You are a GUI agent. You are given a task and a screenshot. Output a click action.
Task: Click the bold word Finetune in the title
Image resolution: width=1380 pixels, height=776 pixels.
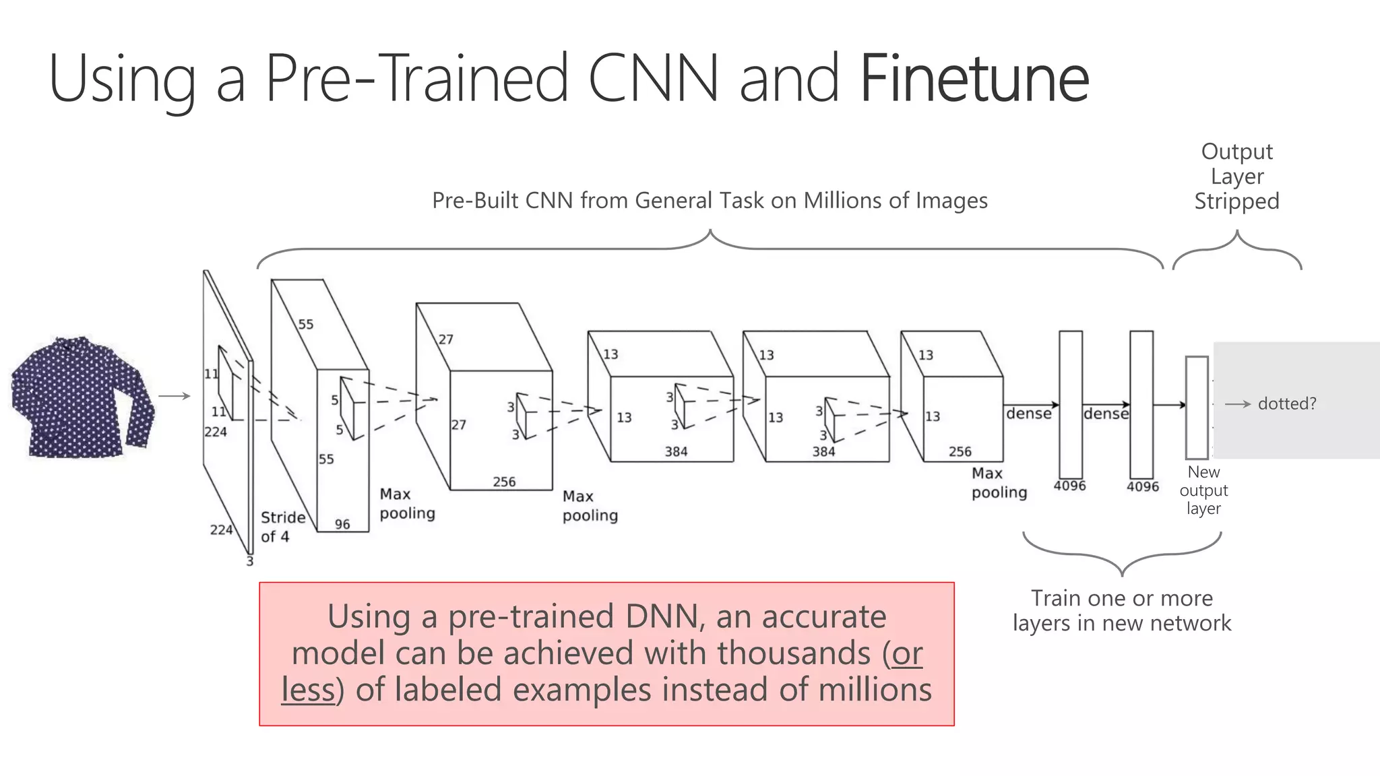[x=974, y=79]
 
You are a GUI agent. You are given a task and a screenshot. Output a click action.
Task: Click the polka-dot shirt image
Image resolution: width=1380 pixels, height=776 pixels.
[x=81, y=397]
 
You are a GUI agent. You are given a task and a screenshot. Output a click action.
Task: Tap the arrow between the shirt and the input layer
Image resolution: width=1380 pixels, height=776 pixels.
[x=175, y=396]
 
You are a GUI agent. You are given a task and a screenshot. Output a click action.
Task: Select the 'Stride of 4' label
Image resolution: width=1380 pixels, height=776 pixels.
[x=282, y=527]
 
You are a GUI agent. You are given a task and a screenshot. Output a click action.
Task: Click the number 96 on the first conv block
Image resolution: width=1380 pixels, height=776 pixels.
[x=342, y=524]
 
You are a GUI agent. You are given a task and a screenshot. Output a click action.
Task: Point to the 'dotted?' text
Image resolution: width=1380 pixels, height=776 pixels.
[x=1286, y=403]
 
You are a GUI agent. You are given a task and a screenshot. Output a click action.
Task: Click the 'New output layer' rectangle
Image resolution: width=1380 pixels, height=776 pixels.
[x=1197, y=408]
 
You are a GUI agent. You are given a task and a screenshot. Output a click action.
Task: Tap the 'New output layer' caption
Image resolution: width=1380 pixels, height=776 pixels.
[x=1203, y=490]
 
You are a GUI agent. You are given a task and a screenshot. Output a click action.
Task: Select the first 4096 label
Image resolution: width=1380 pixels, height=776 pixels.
[x=1069, y=486]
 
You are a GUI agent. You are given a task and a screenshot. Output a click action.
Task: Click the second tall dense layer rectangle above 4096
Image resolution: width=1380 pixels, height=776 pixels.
[x=1141, y=404]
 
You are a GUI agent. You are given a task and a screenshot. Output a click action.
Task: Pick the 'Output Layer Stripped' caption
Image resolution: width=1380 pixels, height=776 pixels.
[x=1236, y=176]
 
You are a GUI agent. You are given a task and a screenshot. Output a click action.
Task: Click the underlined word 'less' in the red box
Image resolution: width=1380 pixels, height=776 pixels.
[x=308, y=690]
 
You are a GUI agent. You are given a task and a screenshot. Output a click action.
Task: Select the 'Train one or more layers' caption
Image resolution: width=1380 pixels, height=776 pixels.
[x=1122, y=610]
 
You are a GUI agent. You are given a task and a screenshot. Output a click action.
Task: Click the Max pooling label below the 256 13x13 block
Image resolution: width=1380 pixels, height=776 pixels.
[x=999, y=483]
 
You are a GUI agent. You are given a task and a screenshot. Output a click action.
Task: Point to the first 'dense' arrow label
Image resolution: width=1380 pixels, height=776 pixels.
[x=1028, y=414]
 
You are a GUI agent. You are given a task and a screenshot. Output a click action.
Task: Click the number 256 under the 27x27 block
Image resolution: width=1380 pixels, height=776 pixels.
[x=504, y=482]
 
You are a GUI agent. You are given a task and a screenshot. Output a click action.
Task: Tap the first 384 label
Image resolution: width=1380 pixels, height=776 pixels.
[x=676, y=451]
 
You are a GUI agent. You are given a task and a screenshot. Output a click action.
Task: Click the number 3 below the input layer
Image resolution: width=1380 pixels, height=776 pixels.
[x=250, y=560]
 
